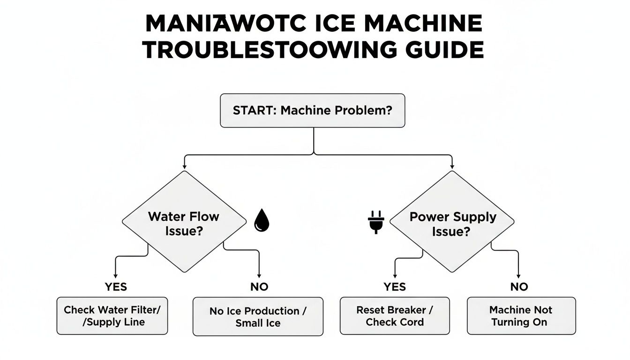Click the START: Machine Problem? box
point(313,111)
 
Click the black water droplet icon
point(262,220)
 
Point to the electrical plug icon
point(376,222)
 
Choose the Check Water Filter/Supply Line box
point(112,315)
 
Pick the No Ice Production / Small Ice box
point(258,316)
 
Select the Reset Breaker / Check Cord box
point(395,315)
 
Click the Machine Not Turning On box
point(521,315)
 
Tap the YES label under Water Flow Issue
point(116,287)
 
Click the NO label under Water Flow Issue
point(259,287)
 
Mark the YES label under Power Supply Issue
point(395,287)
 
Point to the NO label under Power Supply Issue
point(519,287)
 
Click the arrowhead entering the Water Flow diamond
point(184,166)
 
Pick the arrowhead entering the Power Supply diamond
point(452,166)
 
